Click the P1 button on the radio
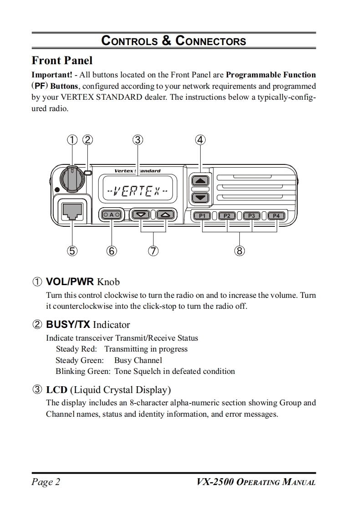[203, 215]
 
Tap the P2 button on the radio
[227, 215]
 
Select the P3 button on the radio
[252, 215]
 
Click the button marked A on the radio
[112, 215]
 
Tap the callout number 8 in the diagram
[240, 250]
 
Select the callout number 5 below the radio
[72, 250]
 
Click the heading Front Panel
[62, 61]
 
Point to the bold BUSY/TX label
[68, 325]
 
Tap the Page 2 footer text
[46, 482]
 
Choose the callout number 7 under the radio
[153, 250]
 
